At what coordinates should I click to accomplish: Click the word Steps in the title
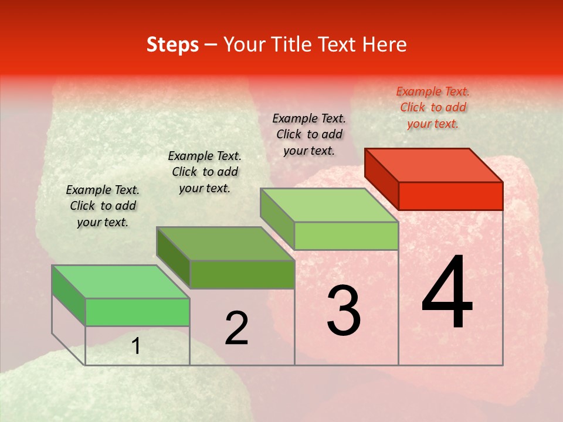point(172,45)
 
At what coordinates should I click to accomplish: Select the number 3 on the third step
point(344,311)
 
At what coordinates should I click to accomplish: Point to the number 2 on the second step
point(236,328)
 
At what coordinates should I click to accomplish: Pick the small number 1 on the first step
point(136,346)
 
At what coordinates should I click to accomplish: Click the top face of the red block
point(434,165)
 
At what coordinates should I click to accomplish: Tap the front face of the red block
point(450,196)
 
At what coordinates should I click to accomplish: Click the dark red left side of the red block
point(381,178)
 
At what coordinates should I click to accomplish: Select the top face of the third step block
point(330,205)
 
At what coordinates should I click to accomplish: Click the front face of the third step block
point(346,236)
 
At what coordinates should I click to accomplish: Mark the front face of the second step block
point(242,274)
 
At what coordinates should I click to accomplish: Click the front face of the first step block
point(137,312)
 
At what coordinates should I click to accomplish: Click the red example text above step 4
point(433,107)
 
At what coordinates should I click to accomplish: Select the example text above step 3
point(309,134)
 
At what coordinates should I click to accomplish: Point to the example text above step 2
point(205,172)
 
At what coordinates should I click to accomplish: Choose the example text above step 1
point(103,206)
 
